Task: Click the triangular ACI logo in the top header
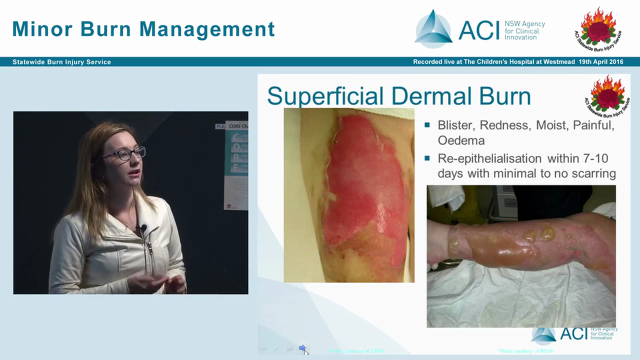(x=433, y=29)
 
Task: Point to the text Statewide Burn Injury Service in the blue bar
(x=61, y=62)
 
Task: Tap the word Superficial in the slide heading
(x=325, y=96)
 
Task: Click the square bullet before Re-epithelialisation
(x=427, y=158)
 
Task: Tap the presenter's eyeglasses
(x=124, y=153)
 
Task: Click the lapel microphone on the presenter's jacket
(x=142, y=228)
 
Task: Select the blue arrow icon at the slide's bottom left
(x=302, y=348)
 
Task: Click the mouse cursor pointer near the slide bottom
(x=306, y=351)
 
